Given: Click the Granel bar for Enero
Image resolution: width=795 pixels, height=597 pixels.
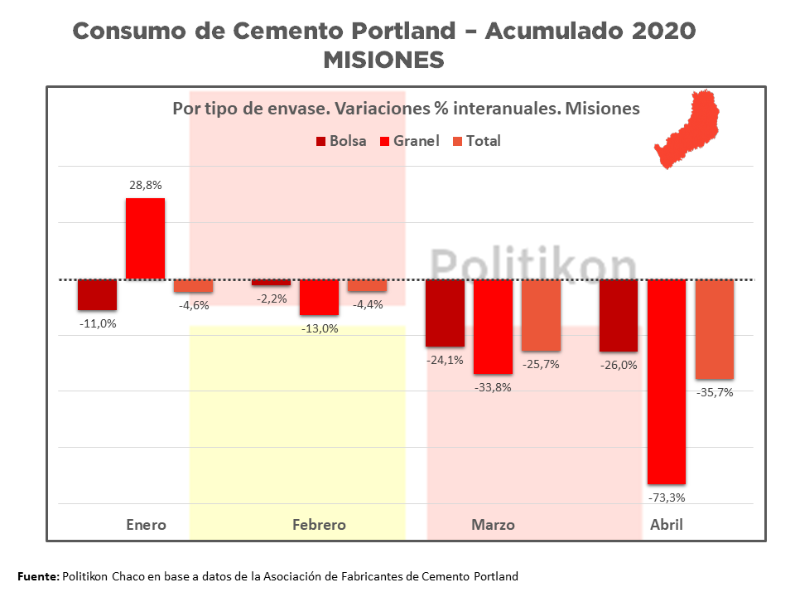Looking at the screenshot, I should tap(145, 238).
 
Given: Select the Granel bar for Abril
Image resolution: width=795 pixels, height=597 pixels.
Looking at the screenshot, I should tap(667, 381).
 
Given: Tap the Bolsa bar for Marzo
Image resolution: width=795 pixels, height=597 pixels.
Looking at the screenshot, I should tap(445, 313).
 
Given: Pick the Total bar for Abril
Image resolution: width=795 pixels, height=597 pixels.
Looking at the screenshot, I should tap(714, 329).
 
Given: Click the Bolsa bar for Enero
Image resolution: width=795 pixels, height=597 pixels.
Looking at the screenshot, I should tap(97, 294).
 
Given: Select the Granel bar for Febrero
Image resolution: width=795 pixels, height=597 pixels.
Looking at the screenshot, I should tap(319, 297).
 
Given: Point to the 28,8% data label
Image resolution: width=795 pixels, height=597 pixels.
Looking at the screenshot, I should tap(145, 187).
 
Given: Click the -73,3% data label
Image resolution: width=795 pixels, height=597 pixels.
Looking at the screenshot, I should tap(667, 498).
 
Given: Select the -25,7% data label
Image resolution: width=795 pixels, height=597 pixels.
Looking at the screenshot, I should tap(541, 364).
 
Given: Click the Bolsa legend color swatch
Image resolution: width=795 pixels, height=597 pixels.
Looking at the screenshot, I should tap(320, 142).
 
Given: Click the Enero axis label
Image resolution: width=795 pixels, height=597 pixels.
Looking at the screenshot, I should tap(146, 525).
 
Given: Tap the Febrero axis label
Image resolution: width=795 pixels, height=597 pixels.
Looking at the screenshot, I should tap(319, 525).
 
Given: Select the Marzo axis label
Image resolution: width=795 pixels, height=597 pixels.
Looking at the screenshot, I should tap(493, 525).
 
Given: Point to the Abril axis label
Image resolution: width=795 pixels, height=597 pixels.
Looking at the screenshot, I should tap(667, 525).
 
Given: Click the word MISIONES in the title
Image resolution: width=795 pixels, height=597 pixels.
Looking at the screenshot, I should tap(383, 61).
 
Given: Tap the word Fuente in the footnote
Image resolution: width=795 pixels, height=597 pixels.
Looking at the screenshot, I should tap(37, 576).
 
